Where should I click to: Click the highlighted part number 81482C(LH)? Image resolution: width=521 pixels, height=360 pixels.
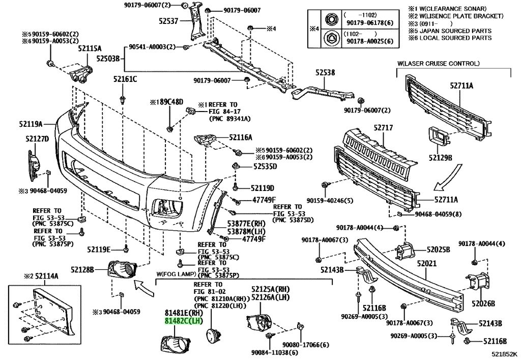183,321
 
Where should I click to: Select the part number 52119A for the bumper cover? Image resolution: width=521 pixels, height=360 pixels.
31,124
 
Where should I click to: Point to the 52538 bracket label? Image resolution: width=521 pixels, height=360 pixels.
325,72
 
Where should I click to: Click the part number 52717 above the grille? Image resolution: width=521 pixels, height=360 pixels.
383,128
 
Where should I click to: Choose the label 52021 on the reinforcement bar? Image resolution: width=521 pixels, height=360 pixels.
427,264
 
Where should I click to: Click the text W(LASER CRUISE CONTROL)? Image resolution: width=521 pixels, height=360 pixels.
438,64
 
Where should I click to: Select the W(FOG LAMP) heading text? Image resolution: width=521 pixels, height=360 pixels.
176,274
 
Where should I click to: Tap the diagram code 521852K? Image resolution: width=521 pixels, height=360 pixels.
505,354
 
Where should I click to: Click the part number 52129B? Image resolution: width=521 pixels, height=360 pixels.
440,157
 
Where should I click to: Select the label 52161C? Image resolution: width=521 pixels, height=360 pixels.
125,79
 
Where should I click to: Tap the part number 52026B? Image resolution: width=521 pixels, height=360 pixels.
483,303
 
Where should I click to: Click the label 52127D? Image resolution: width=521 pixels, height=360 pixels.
37,139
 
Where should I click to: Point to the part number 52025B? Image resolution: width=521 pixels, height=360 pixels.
438,250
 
